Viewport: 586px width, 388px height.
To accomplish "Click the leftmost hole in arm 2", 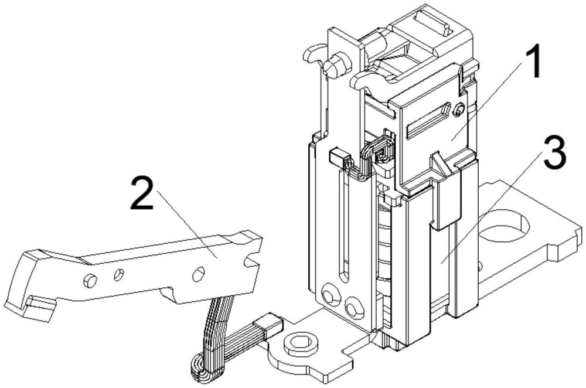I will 88,281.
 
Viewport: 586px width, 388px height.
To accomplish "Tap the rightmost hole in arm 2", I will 199,272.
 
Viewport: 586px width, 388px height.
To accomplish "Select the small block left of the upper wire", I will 336,157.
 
